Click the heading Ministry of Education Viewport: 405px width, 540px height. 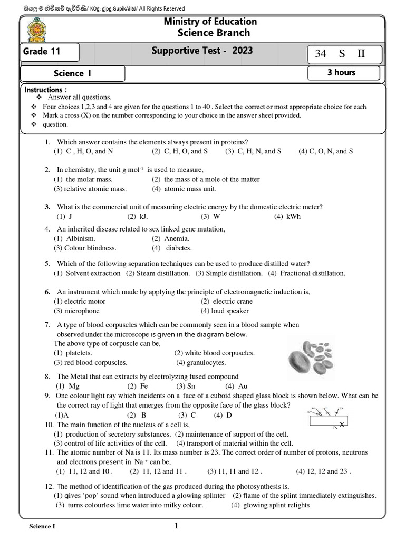pos(210,22)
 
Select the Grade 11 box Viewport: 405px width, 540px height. pos(50,52)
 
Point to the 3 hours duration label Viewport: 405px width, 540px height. pos(341,73)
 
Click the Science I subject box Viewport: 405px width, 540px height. pos(73,73)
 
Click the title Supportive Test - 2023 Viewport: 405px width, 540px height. pos(202,51)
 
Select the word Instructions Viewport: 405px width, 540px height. pos(45,90)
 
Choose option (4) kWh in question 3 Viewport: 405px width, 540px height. pos(287,216)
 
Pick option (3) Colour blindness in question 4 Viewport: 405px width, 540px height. pos(85,248)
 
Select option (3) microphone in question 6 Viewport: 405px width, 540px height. pos(76,311)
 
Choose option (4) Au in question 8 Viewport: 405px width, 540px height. pos(238,386)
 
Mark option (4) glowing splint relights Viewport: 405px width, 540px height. pos(270,505)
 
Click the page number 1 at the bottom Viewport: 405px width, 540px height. pos(176,525)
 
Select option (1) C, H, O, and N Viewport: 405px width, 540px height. pos(83,151)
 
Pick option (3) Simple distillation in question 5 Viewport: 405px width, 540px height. pos(229,273)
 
